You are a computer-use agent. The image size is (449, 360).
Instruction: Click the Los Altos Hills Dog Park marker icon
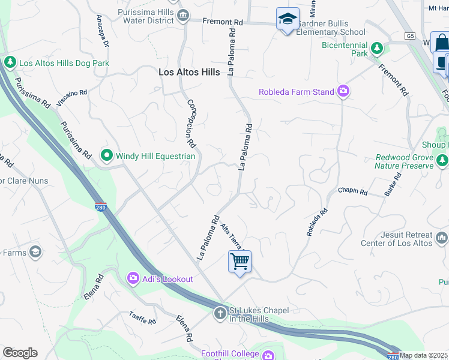[x=10, y=62]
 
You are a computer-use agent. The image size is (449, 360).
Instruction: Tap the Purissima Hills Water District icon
[x=183, y=14]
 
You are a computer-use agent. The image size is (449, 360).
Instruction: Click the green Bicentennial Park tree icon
[x=377, y=48]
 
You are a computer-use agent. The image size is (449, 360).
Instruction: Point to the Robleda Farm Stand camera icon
[x=343, y=92]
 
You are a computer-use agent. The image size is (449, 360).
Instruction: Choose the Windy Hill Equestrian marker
[x=107, y=156]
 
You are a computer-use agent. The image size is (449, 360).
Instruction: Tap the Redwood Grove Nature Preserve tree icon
[x=442, y=160]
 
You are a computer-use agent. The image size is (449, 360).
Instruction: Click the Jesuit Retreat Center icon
[x=442, y=238]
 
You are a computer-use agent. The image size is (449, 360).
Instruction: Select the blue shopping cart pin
[x=240, y=262]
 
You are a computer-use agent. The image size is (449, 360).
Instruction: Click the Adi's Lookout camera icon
[x=133, y=278]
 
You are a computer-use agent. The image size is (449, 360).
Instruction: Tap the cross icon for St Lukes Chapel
[x=220, y=313]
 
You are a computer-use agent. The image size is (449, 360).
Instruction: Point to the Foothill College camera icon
[x=269, y=354]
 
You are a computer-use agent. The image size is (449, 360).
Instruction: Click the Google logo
[x=20, y=353]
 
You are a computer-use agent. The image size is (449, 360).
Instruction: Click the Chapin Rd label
[x=352, y=191]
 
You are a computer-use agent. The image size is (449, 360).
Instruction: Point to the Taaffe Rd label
[x=142, y=318]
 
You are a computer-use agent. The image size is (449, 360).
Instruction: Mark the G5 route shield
[x=409, y=36]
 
